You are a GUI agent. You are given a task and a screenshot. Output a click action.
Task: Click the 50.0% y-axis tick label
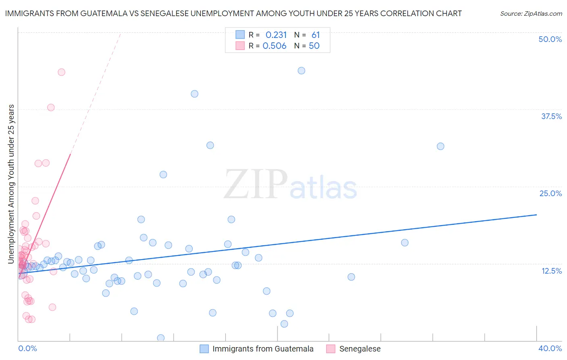tap(550, 39)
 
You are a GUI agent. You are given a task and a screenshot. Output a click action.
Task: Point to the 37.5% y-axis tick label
tap(551, 116)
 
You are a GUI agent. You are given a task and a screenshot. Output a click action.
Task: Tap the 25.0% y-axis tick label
tap(550, 193)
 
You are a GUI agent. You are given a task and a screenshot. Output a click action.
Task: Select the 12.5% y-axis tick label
tap(551, 271)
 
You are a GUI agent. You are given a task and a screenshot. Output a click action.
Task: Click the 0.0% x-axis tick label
tap(27, 348)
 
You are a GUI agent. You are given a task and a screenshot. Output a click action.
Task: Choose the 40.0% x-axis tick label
tap(550, 348)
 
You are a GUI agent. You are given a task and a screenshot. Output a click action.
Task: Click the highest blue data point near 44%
tap(301, 71)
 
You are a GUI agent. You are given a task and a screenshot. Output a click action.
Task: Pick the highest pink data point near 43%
tap(61, 72)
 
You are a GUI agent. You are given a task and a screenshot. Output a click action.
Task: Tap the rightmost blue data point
tap(440, 146)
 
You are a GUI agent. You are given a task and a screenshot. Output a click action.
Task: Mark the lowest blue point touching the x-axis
tap(161, 338)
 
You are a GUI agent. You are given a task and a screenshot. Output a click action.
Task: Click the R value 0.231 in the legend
tap(276, 35)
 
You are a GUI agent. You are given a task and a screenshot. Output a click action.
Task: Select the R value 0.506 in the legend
tap(274, 46)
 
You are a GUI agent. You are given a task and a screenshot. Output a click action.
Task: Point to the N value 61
tap(315, 35)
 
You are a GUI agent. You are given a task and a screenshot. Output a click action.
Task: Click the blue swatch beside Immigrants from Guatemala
tap(204, 349)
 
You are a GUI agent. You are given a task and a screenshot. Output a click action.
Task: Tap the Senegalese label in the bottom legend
tap(360, 349)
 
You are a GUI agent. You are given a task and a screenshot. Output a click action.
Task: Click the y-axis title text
tap(11, 184)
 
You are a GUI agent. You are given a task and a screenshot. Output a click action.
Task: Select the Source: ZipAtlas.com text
tap(531, 14)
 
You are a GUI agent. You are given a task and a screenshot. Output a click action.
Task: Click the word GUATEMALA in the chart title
tap(106, 13)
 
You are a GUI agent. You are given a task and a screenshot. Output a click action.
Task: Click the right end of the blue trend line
tap(536, 215)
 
